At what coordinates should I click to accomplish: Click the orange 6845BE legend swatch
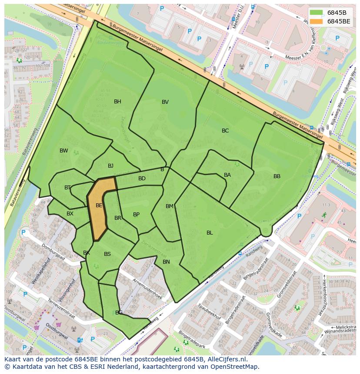coord(317,21)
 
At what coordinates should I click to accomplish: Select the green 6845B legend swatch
coord(317,13)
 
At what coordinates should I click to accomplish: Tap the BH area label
coord(117,102)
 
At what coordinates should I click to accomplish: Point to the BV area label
coord(165,102)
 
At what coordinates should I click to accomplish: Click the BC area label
coord(225,131)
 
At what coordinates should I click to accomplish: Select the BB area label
coord(277,176)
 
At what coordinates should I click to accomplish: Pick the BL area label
coord(210,233)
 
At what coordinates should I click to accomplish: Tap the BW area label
coord(64,151)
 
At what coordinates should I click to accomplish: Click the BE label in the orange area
coord(99,205)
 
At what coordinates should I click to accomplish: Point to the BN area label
coord(166,262)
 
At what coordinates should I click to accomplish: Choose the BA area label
coord(227,175)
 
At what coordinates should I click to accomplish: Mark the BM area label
coord(170,206)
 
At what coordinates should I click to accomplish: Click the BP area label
coord(136,215)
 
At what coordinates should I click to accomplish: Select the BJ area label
coord(110,166)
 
